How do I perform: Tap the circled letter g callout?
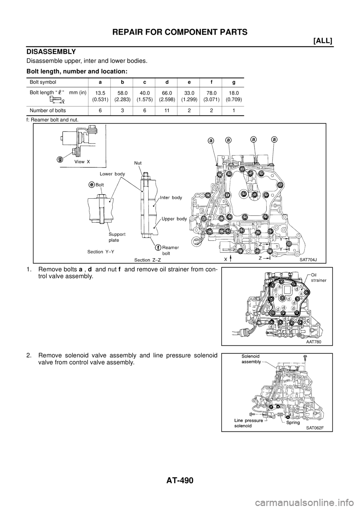60,159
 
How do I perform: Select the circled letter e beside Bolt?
91,184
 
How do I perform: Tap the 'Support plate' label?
117,237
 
